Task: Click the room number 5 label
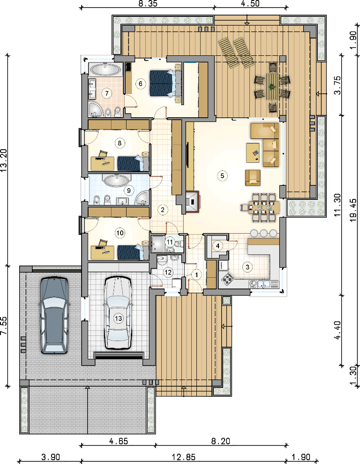(x=222, y=175)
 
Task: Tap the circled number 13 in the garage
(x=118, y=319)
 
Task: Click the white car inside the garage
(x=118, y=313)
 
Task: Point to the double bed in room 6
(x=166, y=83)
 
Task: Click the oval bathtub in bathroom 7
(x=105, y=70)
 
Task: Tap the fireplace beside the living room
(x=192, y=202)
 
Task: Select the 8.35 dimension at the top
(x=148, y=4)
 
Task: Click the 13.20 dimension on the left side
(x=4, y=160)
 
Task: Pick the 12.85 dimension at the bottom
(x=184, y=457)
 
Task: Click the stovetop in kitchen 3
(x=227, y=279)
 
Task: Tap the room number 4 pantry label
(x=218, y=246)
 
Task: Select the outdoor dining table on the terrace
(x=272, y=87)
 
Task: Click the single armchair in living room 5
(x=253, y=177)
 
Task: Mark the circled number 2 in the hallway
(x=163, y=210)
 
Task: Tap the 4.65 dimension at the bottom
(x=119, y=441)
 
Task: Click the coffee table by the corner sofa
(x=253, y=152)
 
